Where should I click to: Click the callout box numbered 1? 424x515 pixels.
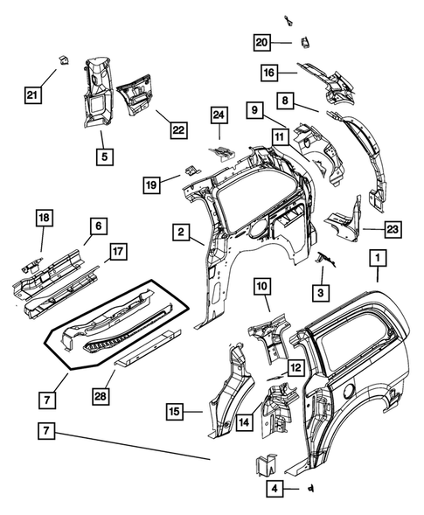(378, 259)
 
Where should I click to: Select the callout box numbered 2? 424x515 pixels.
(179, 233)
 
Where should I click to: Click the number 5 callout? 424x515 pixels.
(104, 158)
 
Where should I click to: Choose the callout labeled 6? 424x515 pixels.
(97, 225)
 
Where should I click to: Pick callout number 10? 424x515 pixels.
(264, 285)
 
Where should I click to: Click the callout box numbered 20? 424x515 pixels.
(261, 42)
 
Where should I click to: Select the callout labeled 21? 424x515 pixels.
(32, 95)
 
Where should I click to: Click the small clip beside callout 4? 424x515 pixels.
(312, 488)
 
